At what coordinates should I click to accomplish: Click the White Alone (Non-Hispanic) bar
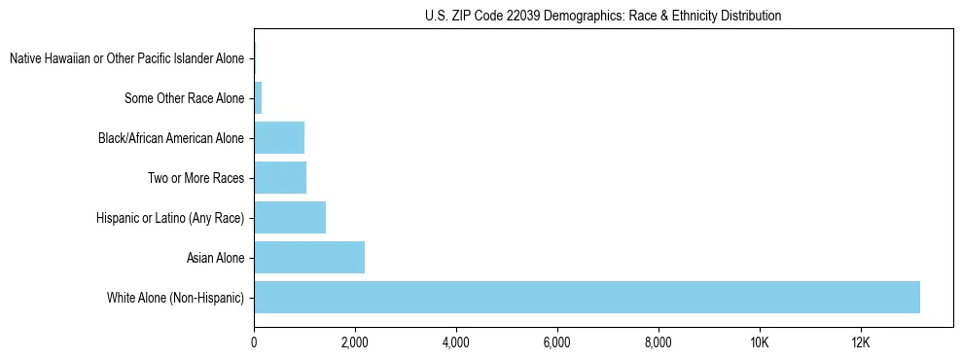pos(587,297)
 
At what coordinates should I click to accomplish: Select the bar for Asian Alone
pos(309,258)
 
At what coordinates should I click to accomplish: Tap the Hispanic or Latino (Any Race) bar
pos(290,218)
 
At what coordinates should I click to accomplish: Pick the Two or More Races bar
pos(280,178)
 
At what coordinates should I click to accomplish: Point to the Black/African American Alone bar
pos(279,138)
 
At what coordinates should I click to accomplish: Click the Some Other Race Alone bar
pos(258,98)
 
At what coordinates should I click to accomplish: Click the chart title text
pos(603,17)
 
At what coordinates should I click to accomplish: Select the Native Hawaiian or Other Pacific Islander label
pos(126,59)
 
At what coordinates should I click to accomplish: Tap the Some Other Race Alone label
pos(185,98)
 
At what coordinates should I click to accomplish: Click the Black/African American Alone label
pos(171,138)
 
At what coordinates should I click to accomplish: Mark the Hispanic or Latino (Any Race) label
pos(170,218)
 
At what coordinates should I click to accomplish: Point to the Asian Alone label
pos(215,258)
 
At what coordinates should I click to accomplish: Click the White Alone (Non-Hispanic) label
pos(175,297)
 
